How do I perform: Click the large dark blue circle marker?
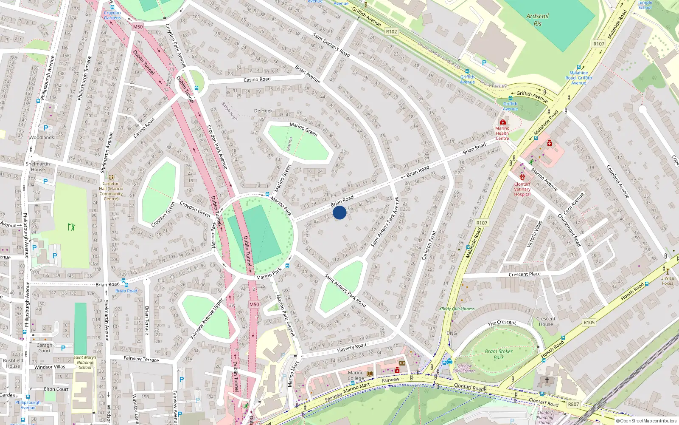pyautogui.click(x=339, y=212)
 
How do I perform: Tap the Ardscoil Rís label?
pyautogui.click(x=537, y=20)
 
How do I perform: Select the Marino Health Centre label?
pyautogui.click(x=502, y=133)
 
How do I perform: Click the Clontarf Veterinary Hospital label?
pyautogui.click(x=522, y=189)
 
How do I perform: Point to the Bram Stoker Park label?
pyautogui.click(x=499, y=354)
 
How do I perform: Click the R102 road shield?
pyautogui.click(x=391, y=32)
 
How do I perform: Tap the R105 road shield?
pyautogui.click(x=589, y=323)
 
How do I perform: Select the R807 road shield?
pyautogui.click(x=573, y=404)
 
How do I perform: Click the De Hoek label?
pyautogui.click(x=263, y=111)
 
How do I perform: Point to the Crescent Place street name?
pyautogui.click(x=525, y=275)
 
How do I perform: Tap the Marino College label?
pyautogui.click(x=356, y=375)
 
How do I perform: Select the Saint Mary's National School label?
pyautogui.click(x=85, y=362)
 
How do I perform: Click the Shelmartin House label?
pyautogui.click(x=38, y=167)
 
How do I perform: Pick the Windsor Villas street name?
pyautogui.click(x=50, y=367)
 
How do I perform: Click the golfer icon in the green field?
pyautogui.click(x=71, y=227)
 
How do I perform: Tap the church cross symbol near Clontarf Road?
pyautogui.click(x=547, y=380)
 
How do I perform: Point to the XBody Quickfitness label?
pyautogui.click(x=457, y=309)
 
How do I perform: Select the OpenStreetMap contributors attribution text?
pyautogui.click(x=646, y=421)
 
